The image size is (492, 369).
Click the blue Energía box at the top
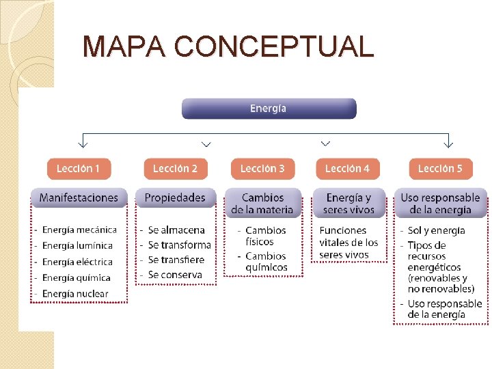[269, 109]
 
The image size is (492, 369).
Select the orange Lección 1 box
[79, 169]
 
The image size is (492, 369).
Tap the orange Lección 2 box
[175, 169]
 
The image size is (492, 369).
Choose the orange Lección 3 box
[262, 169]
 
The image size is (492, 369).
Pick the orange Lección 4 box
[347, 169]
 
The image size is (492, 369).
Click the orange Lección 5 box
[440, 169]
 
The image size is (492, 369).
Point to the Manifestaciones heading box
[79, 198]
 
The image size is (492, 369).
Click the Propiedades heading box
[175, 198]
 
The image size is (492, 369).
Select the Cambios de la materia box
[262, 204]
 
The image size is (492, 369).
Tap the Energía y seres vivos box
[348, 204]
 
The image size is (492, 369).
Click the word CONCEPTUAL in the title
[274, 46]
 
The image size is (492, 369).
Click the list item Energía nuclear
[75, 294]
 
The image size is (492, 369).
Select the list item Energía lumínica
[77, 246]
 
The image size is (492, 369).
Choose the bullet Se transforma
[179, 245]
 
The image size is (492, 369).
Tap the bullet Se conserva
[175, 275]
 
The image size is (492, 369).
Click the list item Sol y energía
[436, 230]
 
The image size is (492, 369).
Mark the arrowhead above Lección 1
[83, 143]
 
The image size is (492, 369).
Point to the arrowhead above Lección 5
[448, 143]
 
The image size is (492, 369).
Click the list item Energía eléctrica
[77, 262]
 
